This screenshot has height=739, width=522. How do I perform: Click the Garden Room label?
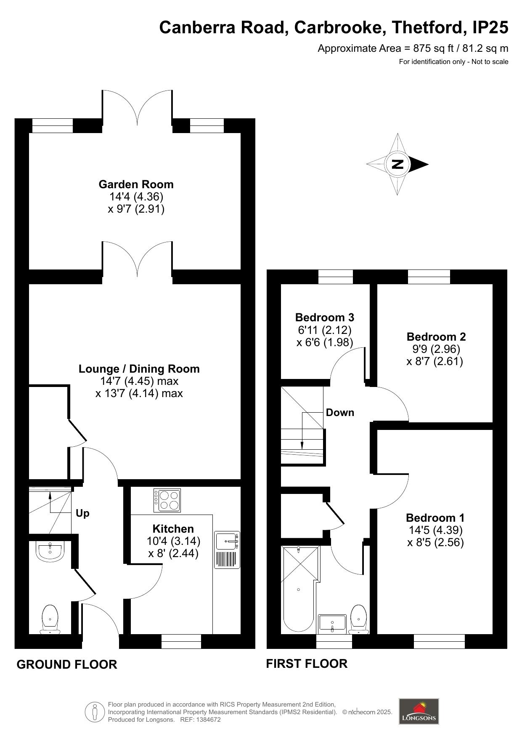pos(136,184)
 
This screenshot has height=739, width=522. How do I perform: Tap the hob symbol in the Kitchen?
pos(167,500)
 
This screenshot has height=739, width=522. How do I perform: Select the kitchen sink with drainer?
pos(227,550)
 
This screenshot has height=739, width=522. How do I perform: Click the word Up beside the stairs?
pos(82,513)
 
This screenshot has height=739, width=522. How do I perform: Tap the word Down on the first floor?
pos(340,413)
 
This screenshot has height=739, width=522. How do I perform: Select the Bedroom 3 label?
pos(324,317)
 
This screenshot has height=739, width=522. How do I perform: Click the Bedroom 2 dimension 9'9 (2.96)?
pos(436,349)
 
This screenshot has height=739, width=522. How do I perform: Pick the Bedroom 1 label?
pos(435,518)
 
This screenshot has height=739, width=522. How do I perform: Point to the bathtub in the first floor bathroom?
pos(298,598)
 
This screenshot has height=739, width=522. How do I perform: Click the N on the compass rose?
pos(397,164)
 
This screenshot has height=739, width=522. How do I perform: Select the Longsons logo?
pos(419,711)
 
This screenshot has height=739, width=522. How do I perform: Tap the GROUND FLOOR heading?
pos(67,664)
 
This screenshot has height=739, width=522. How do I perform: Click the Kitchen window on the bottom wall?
pos(181,641)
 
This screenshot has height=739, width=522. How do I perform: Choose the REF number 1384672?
pos(206,720)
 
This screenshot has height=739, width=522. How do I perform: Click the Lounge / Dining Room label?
pos(139,369)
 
